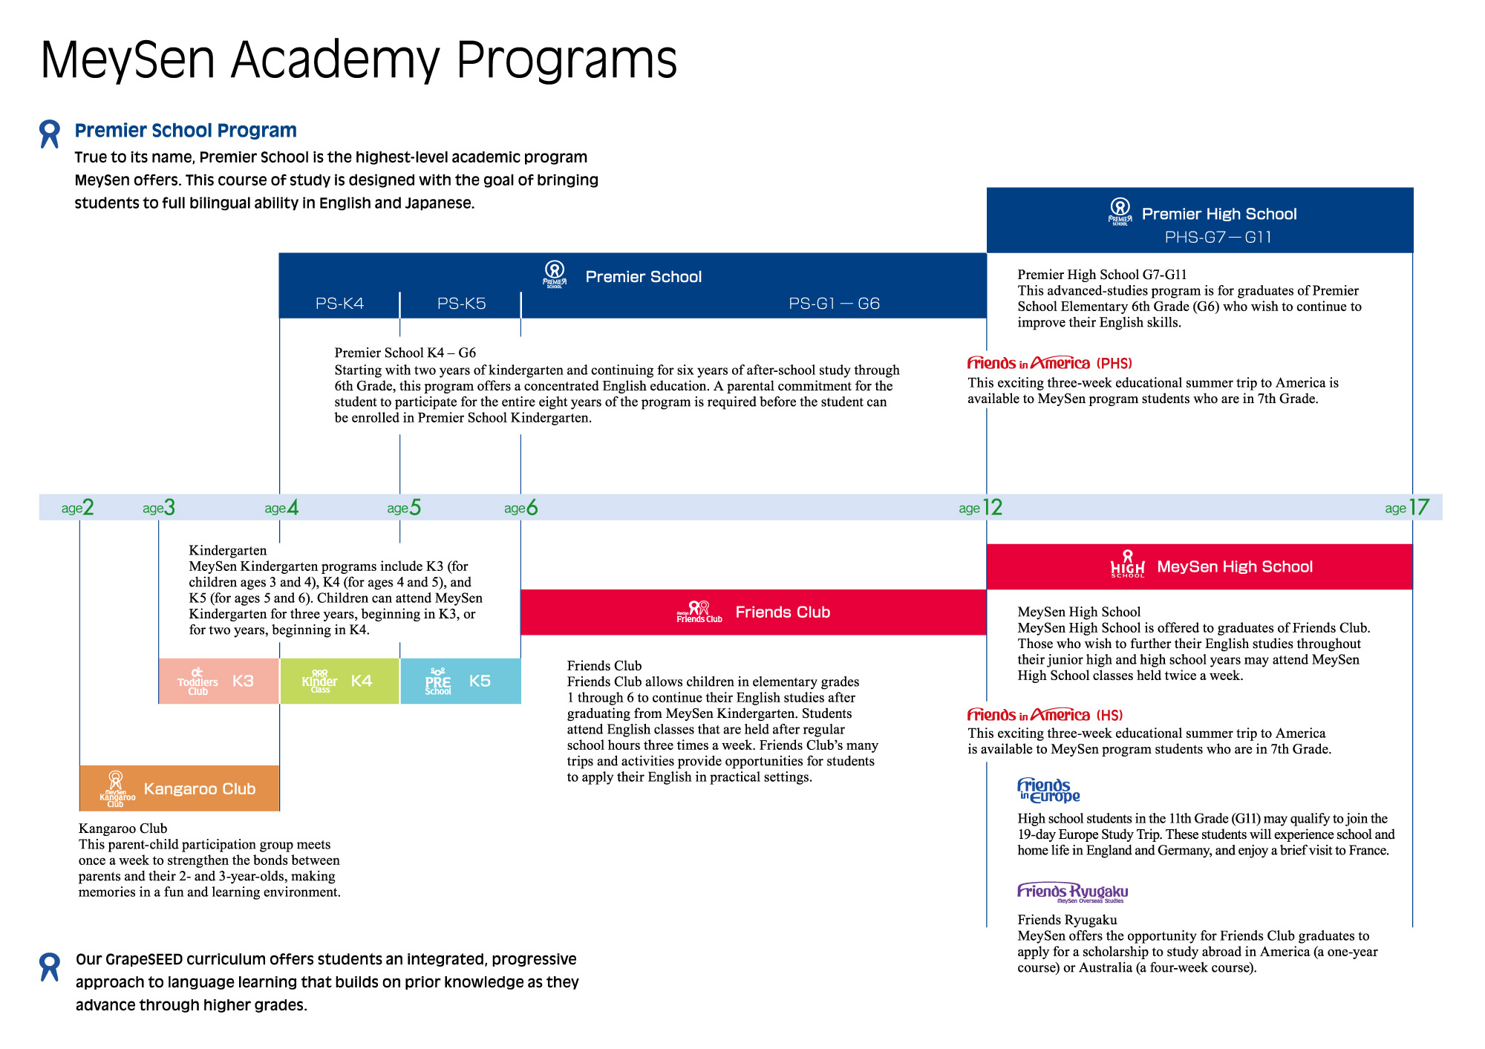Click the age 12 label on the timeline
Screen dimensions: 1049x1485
(981, 508)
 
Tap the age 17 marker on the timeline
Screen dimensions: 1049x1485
(1407, 508)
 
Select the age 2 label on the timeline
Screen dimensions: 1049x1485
(78, 508)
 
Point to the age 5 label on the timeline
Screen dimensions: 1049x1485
(404, 508)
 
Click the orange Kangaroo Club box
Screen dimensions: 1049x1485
(179, 788)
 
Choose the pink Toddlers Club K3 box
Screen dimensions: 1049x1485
(218, 681)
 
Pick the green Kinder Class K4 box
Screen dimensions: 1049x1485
(339, 681)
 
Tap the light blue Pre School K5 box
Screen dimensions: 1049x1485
(460, 681)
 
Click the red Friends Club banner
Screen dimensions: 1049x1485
(753, 612)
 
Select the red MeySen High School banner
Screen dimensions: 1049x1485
(1199, 567)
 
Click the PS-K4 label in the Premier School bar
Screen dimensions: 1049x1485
(339, 304)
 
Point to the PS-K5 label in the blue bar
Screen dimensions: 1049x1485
(461, 304)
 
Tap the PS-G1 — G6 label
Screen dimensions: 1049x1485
(834, 304)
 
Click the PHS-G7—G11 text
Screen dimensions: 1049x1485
(1218, 238)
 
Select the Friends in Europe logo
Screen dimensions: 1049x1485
(1048, 791)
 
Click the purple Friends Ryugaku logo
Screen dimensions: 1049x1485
(1072, 892)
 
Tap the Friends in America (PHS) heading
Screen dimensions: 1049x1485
(1049, 363)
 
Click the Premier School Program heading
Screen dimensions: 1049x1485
(186, 131)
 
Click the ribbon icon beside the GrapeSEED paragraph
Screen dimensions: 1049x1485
(50, 967)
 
